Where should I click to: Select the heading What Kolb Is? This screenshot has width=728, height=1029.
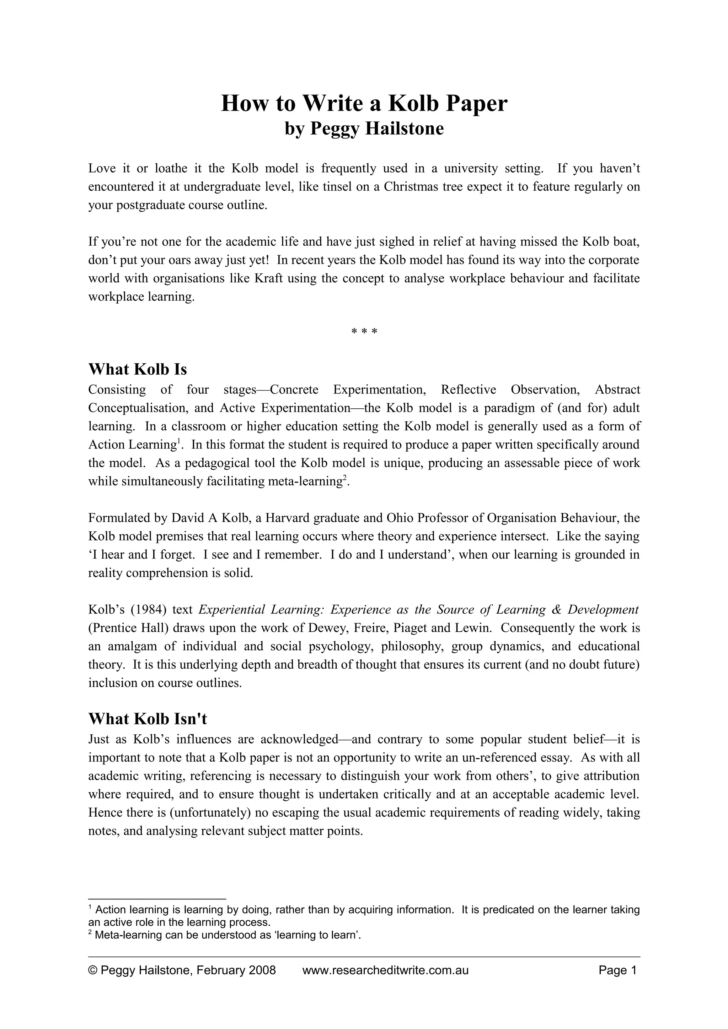pos(137,370)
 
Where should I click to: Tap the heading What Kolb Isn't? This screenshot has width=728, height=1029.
pos(148,719)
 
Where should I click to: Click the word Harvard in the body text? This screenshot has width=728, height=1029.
pos(286,518)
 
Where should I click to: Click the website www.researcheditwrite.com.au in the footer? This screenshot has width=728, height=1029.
pos(385,970)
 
